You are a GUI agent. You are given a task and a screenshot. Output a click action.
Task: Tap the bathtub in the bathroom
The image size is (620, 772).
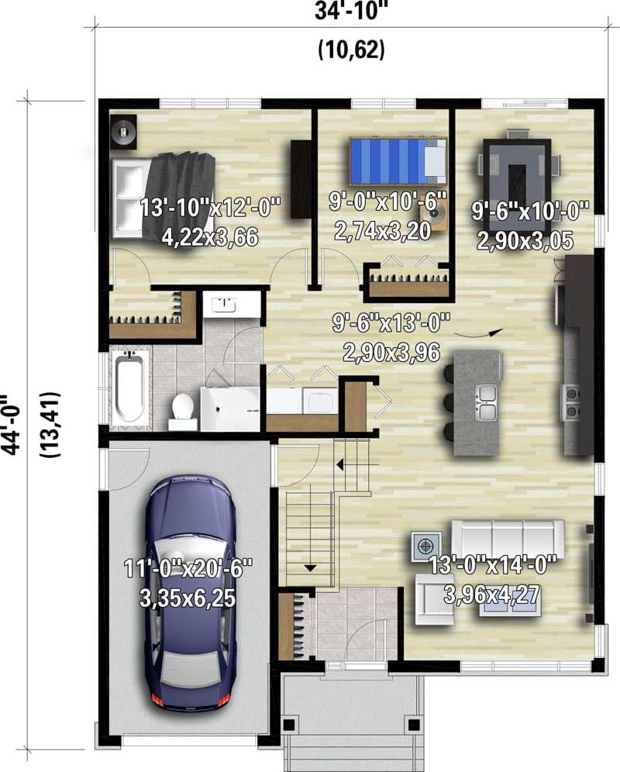(x=129, y=387)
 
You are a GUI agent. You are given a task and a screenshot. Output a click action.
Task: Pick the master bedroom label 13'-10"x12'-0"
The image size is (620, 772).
(x=211, y=208)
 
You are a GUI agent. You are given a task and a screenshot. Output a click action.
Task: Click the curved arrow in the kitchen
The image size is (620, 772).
(x=474, y=333)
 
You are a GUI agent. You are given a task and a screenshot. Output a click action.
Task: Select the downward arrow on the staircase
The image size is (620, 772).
(x=311, y=567)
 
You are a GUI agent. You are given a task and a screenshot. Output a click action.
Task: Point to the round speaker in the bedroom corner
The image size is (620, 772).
(x=123, y=131)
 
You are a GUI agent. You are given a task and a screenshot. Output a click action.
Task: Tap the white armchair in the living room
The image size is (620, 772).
(x=434, y=598)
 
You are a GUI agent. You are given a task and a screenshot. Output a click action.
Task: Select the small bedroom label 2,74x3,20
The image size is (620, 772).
(x=383, y=230)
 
